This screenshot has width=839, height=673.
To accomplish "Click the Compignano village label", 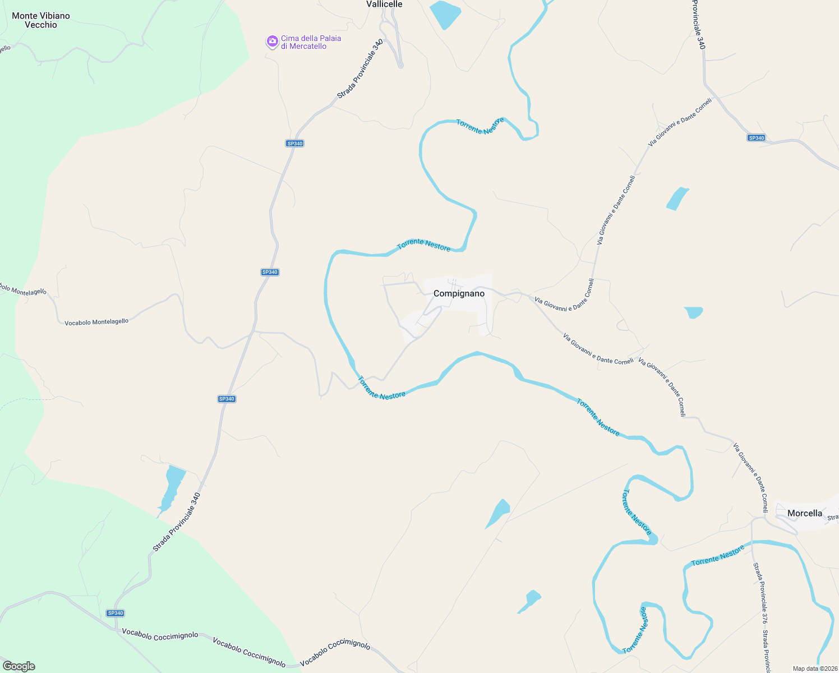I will [459, 293].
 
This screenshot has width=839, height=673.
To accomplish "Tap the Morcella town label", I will [804, 513].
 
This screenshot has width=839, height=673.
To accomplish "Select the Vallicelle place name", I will [384, 4].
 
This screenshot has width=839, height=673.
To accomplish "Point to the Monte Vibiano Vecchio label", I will [41, 20].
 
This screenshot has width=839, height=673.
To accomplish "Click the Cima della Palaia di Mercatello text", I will [311, 42].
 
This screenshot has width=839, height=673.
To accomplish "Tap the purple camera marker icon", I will [272, 42].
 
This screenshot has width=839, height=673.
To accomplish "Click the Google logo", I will [19, 666].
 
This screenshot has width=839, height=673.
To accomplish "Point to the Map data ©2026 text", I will [815, 669].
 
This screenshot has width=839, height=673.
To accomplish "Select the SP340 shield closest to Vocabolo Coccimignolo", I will [115, 613].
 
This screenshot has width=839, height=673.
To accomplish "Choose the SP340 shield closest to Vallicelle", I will [294, 144].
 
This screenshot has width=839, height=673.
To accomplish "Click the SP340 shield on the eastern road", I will [756, 138].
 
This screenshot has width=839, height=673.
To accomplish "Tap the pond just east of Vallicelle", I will [445, 13].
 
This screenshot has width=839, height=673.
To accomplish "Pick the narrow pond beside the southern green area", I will [172, 488].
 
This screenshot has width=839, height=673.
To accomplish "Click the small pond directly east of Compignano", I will [694, 312].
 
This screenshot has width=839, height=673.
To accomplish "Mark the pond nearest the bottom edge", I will [529, 601].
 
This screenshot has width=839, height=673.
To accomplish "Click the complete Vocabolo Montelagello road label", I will [96, 322].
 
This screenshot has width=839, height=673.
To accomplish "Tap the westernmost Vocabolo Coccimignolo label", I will [160, 634].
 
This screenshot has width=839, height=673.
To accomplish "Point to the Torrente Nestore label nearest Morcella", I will [717, 556].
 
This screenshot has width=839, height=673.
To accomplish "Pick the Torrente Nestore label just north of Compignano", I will [423, 245].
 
